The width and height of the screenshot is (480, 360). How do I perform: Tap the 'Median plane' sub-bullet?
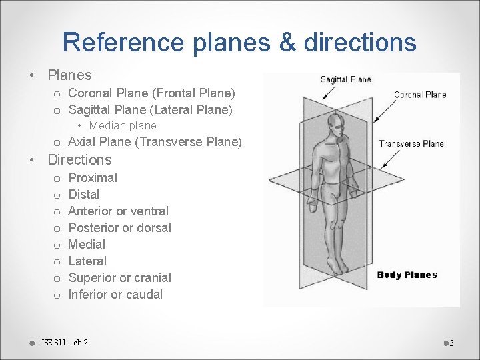click(123, 125)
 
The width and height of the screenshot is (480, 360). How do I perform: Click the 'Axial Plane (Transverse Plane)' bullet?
click(155, 141)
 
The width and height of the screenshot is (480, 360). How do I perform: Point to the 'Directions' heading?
click(80, 159)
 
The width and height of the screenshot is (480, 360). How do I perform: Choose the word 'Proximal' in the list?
click(93, 177)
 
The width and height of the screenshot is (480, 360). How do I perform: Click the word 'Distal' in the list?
click(84, 194)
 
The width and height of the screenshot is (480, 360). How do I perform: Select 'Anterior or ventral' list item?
click(119, 211)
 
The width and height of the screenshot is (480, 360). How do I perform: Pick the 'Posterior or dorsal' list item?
click(120, 227)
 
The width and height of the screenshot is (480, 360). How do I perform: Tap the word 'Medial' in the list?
click(87, 244)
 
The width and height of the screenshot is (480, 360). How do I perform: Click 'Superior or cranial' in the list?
click(120, 277)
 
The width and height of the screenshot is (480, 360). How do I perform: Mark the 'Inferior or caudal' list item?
click(115, 294)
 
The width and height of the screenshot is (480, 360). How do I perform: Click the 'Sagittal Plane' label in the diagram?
click(345, 79)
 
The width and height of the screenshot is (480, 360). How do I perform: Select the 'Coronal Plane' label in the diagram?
click(420, 95)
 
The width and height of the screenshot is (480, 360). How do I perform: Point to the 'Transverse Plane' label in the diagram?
click(411, 143)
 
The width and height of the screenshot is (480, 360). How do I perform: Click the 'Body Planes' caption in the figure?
click(407, 275)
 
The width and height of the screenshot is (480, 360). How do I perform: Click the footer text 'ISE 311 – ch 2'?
click(65, 343)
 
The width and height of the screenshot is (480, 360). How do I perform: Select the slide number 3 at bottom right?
click(451, 343)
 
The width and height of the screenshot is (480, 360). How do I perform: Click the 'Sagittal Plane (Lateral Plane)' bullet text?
click(150, 109)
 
